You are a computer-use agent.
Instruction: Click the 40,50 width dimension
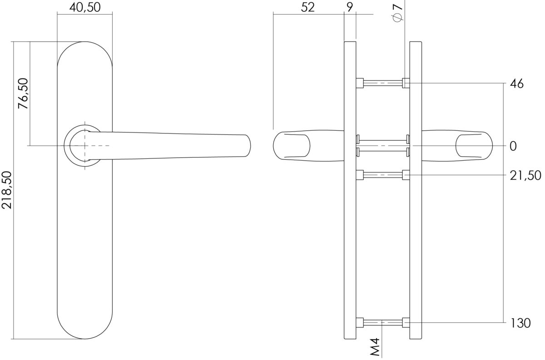(84, 7)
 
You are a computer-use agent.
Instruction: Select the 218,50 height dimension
(6, 190)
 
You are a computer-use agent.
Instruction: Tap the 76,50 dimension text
(23, 94)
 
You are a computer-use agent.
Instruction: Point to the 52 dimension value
(308, 7)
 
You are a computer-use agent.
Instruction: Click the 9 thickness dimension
(349, 7)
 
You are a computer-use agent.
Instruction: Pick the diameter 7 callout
(397, 12)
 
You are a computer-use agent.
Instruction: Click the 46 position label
(516, 84)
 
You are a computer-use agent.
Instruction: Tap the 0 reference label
(513, 146)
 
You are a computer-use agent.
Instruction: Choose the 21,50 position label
(525, 175)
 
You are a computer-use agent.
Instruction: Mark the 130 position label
(520, 323)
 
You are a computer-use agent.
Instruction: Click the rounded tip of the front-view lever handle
(248, 145)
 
